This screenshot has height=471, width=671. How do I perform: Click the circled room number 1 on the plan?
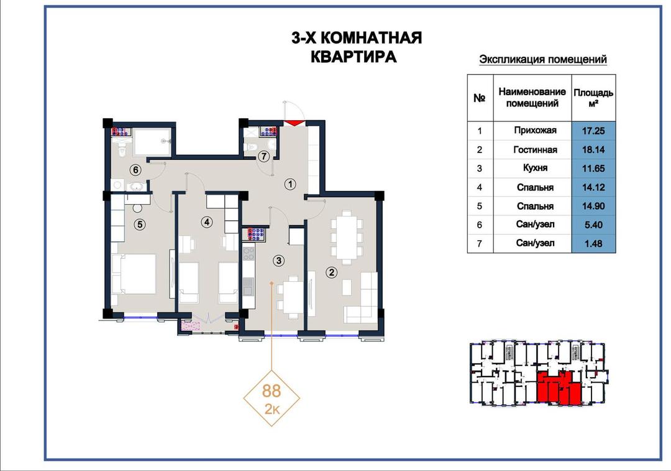[x=290, y=184]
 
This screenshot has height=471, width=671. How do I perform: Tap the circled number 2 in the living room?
[x=331, y=272]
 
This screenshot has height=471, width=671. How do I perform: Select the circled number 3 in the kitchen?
[x=278, y=260]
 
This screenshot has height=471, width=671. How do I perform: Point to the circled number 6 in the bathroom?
[x=135, y=170]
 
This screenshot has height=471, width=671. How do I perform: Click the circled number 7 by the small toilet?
[x=264, y=156]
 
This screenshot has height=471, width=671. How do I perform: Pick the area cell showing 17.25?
[x=593, y=131]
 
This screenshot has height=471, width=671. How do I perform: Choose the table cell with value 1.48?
[x=593, y=243]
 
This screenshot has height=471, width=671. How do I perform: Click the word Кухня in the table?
[x=535, y=168]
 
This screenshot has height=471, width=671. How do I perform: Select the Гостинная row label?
[x=535, y=149]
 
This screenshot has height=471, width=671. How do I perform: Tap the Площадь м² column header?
[x=593, y=98]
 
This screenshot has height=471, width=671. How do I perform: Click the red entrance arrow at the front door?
[x=293, y=123]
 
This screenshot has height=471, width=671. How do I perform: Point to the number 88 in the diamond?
[x=272, y=391]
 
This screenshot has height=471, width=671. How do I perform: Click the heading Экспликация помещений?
[x=542, y=60]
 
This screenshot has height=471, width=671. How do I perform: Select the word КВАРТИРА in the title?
[x=354, y=57]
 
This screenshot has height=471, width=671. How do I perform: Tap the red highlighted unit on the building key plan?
[x=559, y=388]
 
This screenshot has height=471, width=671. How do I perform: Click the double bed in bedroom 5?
[x=134, y=274]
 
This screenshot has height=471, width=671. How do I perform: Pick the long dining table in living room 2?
[x=346, y=237]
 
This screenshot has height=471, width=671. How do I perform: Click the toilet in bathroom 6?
[x=122, y=148]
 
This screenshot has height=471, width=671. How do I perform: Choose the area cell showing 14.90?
[x=593, y=206]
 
